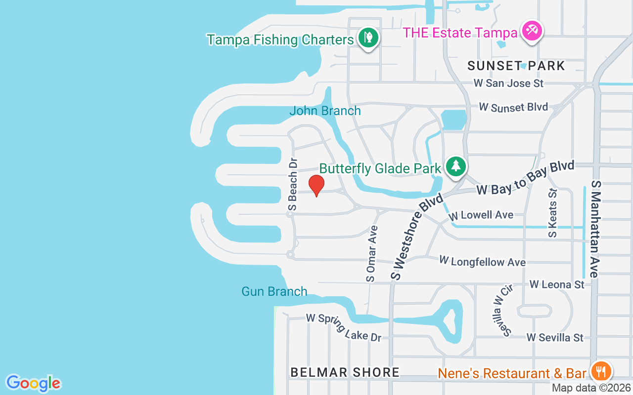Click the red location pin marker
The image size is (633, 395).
(x=316, y=186)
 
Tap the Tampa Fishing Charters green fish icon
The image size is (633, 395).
(x=368, y=37)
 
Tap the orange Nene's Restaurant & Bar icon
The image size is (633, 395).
(x=601, y=370)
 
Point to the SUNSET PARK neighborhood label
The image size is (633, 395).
(x=516, y=66)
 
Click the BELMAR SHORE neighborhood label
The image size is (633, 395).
(x=345, y=372)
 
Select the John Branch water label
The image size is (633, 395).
(x=325, y=111)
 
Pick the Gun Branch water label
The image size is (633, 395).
(x=274, y=291)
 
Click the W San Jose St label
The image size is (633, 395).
(x=508, y=83)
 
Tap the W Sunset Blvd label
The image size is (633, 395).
(x=513, y=107)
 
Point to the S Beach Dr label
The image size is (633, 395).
(x=293, y=184)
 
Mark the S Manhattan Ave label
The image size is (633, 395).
(x=595, y=229)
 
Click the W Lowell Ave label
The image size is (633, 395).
(x=481, y=215)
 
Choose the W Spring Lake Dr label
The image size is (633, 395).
(x=344, y=327)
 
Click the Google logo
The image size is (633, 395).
(x=33, y=383)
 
